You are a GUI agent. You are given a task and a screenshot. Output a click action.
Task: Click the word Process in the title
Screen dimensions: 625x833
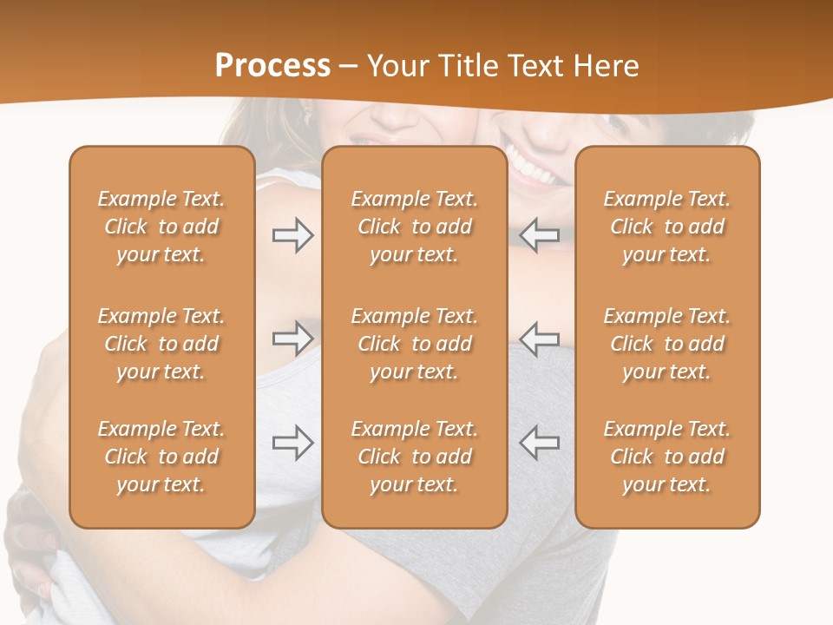(x=272, y=66)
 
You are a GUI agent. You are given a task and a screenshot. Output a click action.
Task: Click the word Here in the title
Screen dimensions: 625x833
(x=604, y=66)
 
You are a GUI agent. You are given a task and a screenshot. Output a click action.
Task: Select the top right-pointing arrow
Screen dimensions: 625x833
(x=292, y=235)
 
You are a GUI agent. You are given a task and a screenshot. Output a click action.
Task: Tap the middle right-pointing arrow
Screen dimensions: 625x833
(x=292, y=339)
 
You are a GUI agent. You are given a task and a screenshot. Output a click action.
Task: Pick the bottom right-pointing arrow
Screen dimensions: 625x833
(x=292, y=443)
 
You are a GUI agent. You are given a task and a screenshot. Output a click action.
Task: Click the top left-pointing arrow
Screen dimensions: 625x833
(x=540, y=235)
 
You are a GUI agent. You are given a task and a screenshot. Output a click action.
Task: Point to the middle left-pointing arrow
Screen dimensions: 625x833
(x=540, y=339)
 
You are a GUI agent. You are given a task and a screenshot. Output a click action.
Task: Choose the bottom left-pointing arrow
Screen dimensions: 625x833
(x=540, y=443)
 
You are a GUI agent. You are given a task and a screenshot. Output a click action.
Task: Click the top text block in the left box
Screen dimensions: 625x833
(x=161, y=227)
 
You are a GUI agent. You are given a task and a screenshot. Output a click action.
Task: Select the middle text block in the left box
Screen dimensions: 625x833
(x=161, y=344)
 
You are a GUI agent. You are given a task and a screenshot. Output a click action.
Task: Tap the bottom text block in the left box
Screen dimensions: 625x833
(x=161, y=457)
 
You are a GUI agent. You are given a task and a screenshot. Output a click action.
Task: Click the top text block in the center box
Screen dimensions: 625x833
(x=415, y=227)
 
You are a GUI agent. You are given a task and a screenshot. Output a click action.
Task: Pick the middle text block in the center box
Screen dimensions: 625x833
(x=415, y=344)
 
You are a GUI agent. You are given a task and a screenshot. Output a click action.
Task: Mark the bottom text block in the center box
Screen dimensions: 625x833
(x=415, y=457)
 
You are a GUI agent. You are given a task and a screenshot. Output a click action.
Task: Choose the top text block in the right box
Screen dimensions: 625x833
(x=667, y=227)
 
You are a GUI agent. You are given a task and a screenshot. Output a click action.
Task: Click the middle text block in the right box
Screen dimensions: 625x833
(x=667, y=344)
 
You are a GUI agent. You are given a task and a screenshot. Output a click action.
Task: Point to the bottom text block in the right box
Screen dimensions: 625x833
(x=667, y=457)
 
